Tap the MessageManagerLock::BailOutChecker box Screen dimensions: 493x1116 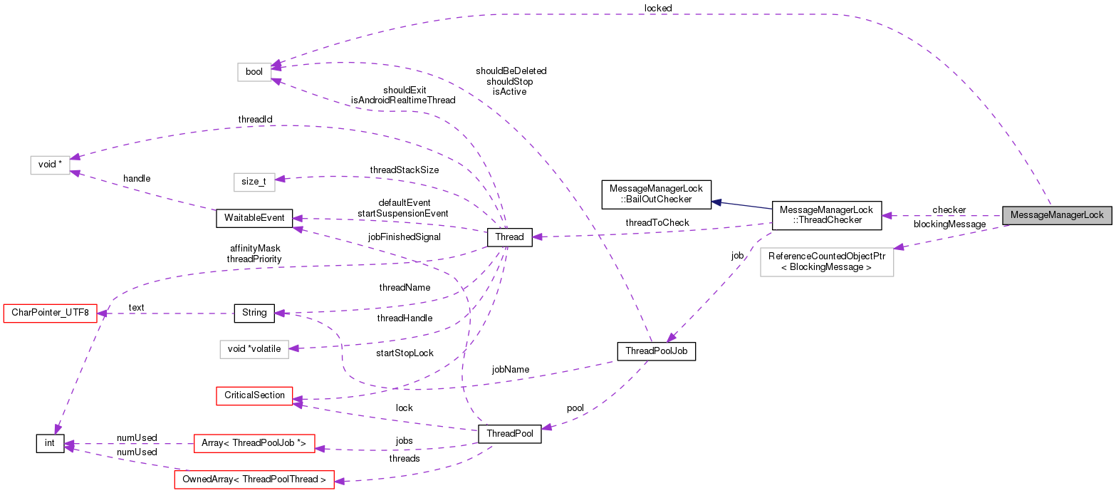click(x=657, y=194)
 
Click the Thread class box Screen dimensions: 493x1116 click(x=509, y=237)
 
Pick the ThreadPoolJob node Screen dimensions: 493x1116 click(x=655, y=351)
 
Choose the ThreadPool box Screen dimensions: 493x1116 click(x=509, y=433)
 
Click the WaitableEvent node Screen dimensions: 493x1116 click(x=254, y=218)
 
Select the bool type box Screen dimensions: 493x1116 click(x=254, y=72)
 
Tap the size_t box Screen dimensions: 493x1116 click(x=254, y=182)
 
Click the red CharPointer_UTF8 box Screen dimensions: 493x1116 click(x=50, y=313)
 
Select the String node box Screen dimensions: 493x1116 click(x=254, y=313)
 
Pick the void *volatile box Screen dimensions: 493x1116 click(x=254, y=349)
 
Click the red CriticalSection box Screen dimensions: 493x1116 click(x=254, y=395)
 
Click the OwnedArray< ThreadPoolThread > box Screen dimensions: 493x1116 click(x=254, y=480)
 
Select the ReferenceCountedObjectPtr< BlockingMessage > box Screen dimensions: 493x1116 click(x=826, y=262)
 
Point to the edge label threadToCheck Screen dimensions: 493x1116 click(x=657, y=223)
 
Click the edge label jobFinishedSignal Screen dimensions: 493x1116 click(x=404, y=237)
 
